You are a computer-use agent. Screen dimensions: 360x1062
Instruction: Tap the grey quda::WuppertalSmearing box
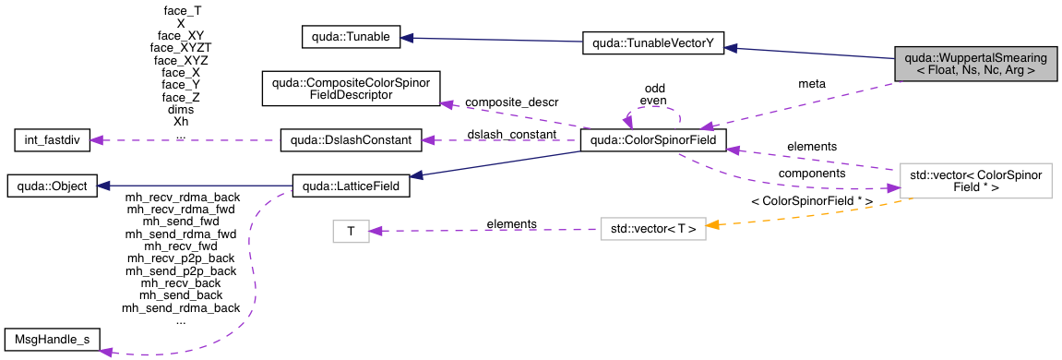pos(975,63)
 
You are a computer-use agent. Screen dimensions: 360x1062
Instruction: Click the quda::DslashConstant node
pos(351,140)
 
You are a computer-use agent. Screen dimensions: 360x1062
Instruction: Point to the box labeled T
pos(351,231)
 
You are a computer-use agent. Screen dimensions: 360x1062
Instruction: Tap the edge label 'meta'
pos(812,84)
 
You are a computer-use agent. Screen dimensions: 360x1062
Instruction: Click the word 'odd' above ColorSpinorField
pos(654,89)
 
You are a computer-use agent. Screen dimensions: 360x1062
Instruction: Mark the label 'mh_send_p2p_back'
pos(181,271)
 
